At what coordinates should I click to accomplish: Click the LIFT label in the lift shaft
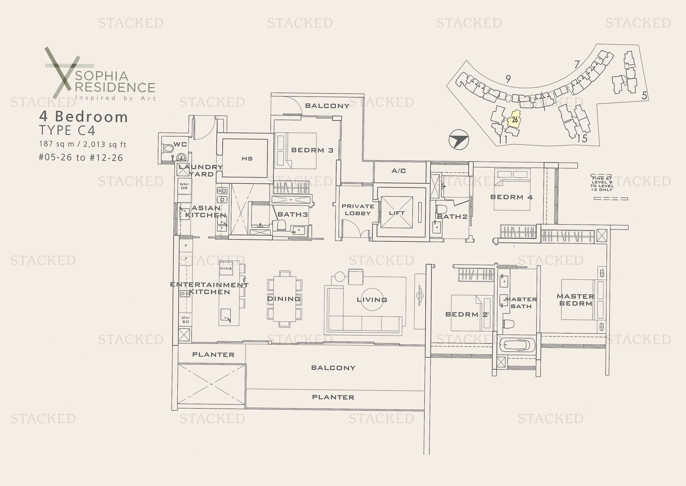tap(397, 213)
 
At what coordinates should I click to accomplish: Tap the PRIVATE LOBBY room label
tap(358, 210)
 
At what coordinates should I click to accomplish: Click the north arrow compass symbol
tap(459, 140)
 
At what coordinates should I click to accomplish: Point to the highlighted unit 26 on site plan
tap(514, 120)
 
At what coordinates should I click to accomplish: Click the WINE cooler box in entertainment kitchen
tap(226, 269)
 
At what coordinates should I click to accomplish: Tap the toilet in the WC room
tap(168, 148)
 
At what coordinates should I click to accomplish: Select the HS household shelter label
tap(247, 159)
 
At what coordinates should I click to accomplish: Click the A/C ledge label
tap(399, 171)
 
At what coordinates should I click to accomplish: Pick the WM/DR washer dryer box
tap(184, 186)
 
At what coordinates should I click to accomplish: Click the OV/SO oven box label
tap(186, 320)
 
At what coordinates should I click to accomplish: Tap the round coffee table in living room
tap(372, 299)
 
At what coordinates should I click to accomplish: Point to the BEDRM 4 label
tap(511, 197)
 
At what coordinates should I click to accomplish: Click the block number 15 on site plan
tap(582, 139)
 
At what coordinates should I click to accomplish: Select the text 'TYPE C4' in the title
tap(67, 130)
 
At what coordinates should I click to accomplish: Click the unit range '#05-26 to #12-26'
tap(81, 158)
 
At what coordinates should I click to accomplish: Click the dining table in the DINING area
tap(284, 299)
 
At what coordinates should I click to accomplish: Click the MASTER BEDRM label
tap(575, 299)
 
